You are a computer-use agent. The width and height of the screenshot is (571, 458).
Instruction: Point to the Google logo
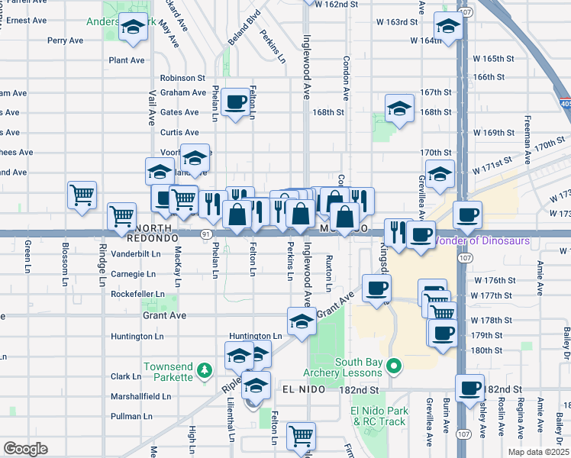tap(25, 449)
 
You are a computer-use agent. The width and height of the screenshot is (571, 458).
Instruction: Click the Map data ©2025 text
tap(537, 452)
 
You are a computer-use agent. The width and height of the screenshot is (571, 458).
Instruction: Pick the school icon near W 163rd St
tap(447, 27)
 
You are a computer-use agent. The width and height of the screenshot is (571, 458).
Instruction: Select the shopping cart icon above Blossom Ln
tap(82, 195)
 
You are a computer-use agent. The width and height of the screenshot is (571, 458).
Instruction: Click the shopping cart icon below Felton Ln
tap(302, 436)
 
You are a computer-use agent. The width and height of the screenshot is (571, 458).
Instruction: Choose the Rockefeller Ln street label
tap(138, 294)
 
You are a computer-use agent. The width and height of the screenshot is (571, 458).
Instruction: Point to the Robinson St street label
tap(182, 78)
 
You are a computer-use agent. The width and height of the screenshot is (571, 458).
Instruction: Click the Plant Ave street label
tap(127, 60)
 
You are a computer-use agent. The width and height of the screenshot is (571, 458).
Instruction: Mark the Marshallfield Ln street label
tap(141, 397)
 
